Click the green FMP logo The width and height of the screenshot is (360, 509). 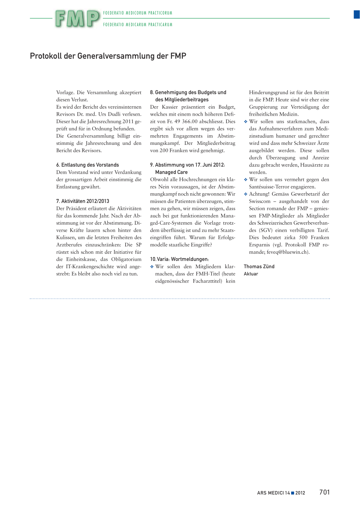(x=77, y=19)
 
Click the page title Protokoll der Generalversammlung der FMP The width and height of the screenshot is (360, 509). (x=108, y=56)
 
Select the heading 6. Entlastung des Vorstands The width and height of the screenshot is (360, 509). (x=88, y=165)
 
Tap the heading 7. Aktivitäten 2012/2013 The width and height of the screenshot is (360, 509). (x=83, y=201)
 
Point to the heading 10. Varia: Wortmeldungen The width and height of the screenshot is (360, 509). (x=179, y=259)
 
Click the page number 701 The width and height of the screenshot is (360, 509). (x=324, y=492)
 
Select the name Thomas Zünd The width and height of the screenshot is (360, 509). (x=259, y=266)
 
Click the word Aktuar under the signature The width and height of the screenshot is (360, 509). (x=251, y=274)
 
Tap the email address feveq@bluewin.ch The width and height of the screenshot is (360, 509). (x=287, y=252)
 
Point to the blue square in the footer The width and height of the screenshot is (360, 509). (x=292, y=493)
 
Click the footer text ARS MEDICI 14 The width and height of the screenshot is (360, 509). (x=273, y=493)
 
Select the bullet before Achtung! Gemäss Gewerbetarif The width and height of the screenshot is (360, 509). (x=246, y=194)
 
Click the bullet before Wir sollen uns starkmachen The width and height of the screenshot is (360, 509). (x=246, y=122)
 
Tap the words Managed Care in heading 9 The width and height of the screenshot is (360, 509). (x=171, y=172)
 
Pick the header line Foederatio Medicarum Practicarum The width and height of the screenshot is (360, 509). (x=138, y=25)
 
